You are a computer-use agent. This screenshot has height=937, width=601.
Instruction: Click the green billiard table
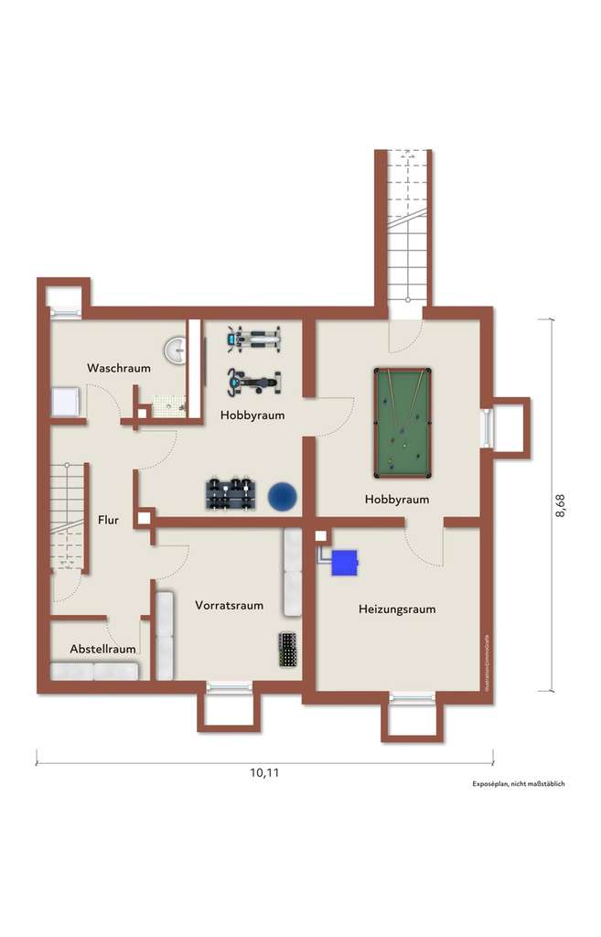tap(402, 422)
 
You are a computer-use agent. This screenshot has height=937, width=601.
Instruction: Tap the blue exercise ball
tap(283, 496)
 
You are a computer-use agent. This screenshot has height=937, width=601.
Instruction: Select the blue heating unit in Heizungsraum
tap(344, 563)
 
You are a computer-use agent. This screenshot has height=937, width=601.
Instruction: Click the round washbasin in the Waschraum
tap(176, 350)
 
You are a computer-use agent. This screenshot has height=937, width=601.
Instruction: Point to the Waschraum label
tap(118, 368)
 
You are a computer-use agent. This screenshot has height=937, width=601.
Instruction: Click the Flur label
tap(108, 520)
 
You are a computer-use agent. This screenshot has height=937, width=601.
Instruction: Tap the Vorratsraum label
tap(229, 605)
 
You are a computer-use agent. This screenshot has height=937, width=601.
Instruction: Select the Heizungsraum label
tap(396, 609)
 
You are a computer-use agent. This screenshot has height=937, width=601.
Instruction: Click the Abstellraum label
tap(103, 649)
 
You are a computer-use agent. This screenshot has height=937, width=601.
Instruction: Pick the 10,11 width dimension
tap(264, 772)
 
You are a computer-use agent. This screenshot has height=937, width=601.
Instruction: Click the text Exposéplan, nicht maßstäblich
tap(518, 785)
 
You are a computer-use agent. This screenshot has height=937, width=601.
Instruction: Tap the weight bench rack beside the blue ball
tap(229, 494)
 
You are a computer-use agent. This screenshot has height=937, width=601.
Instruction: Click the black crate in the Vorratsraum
tap(289, 651)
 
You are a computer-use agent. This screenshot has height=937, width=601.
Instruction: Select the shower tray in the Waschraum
tap(67, 401)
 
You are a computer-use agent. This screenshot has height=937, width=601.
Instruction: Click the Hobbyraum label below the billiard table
tap(396, 500)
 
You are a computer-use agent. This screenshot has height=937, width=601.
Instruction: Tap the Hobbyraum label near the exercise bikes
tap(252, 415)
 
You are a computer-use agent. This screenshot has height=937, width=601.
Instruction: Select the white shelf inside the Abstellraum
tap(94, 671)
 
